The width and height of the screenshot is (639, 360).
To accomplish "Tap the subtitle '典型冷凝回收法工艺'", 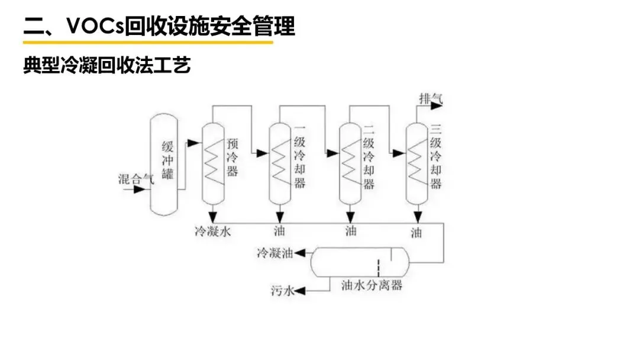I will pos(107,65).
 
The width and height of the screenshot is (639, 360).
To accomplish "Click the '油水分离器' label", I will pos(372,285).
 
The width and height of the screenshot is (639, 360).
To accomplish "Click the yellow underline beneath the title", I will pos(148,42).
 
